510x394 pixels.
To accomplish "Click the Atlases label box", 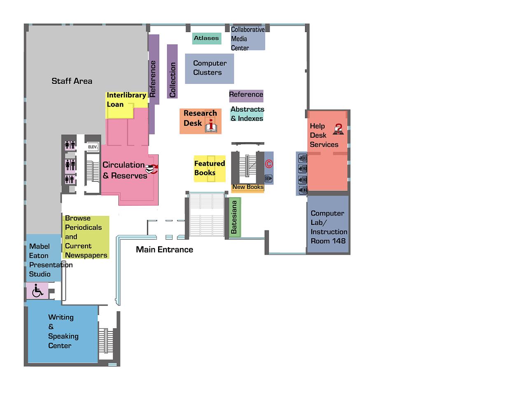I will click(207, 38).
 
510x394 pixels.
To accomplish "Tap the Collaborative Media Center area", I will click(247, 39).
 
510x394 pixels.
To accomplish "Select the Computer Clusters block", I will click(209, 68).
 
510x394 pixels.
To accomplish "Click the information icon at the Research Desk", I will click(211, 126).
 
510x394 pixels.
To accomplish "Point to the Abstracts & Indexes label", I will click(247, 114).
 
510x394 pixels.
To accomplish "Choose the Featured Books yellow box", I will click(210, 168).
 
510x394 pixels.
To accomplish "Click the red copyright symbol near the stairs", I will click(269, 164).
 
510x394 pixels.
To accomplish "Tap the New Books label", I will click(247, 187).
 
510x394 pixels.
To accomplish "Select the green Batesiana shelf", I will click(234, 218).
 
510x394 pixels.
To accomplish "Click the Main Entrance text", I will click(164, 250).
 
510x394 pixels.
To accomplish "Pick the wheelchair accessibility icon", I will click(37, 291).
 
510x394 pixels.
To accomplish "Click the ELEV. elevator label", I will click(93, 147).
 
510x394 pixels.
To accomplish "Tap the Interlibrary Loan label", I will click(126, 100).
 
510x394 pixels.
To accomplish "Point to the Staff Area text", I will click(72, 81).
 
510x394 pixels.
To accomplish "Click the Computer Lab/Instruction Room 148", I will click(328, 227).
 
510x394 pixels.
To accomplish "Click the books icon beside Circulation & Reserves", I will click(151, 169).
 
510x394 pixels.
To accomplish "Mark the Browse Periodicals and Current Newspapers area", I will click(86, 237).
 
